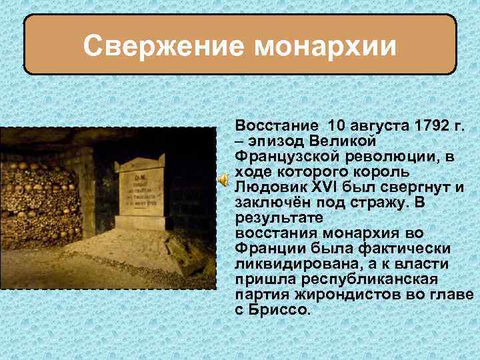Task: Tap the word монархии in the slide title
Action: (x=323, y=47)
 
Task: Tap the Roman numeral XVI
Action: (x=329, y=187)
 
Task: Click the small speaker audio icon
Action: (x=225, y=179)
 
